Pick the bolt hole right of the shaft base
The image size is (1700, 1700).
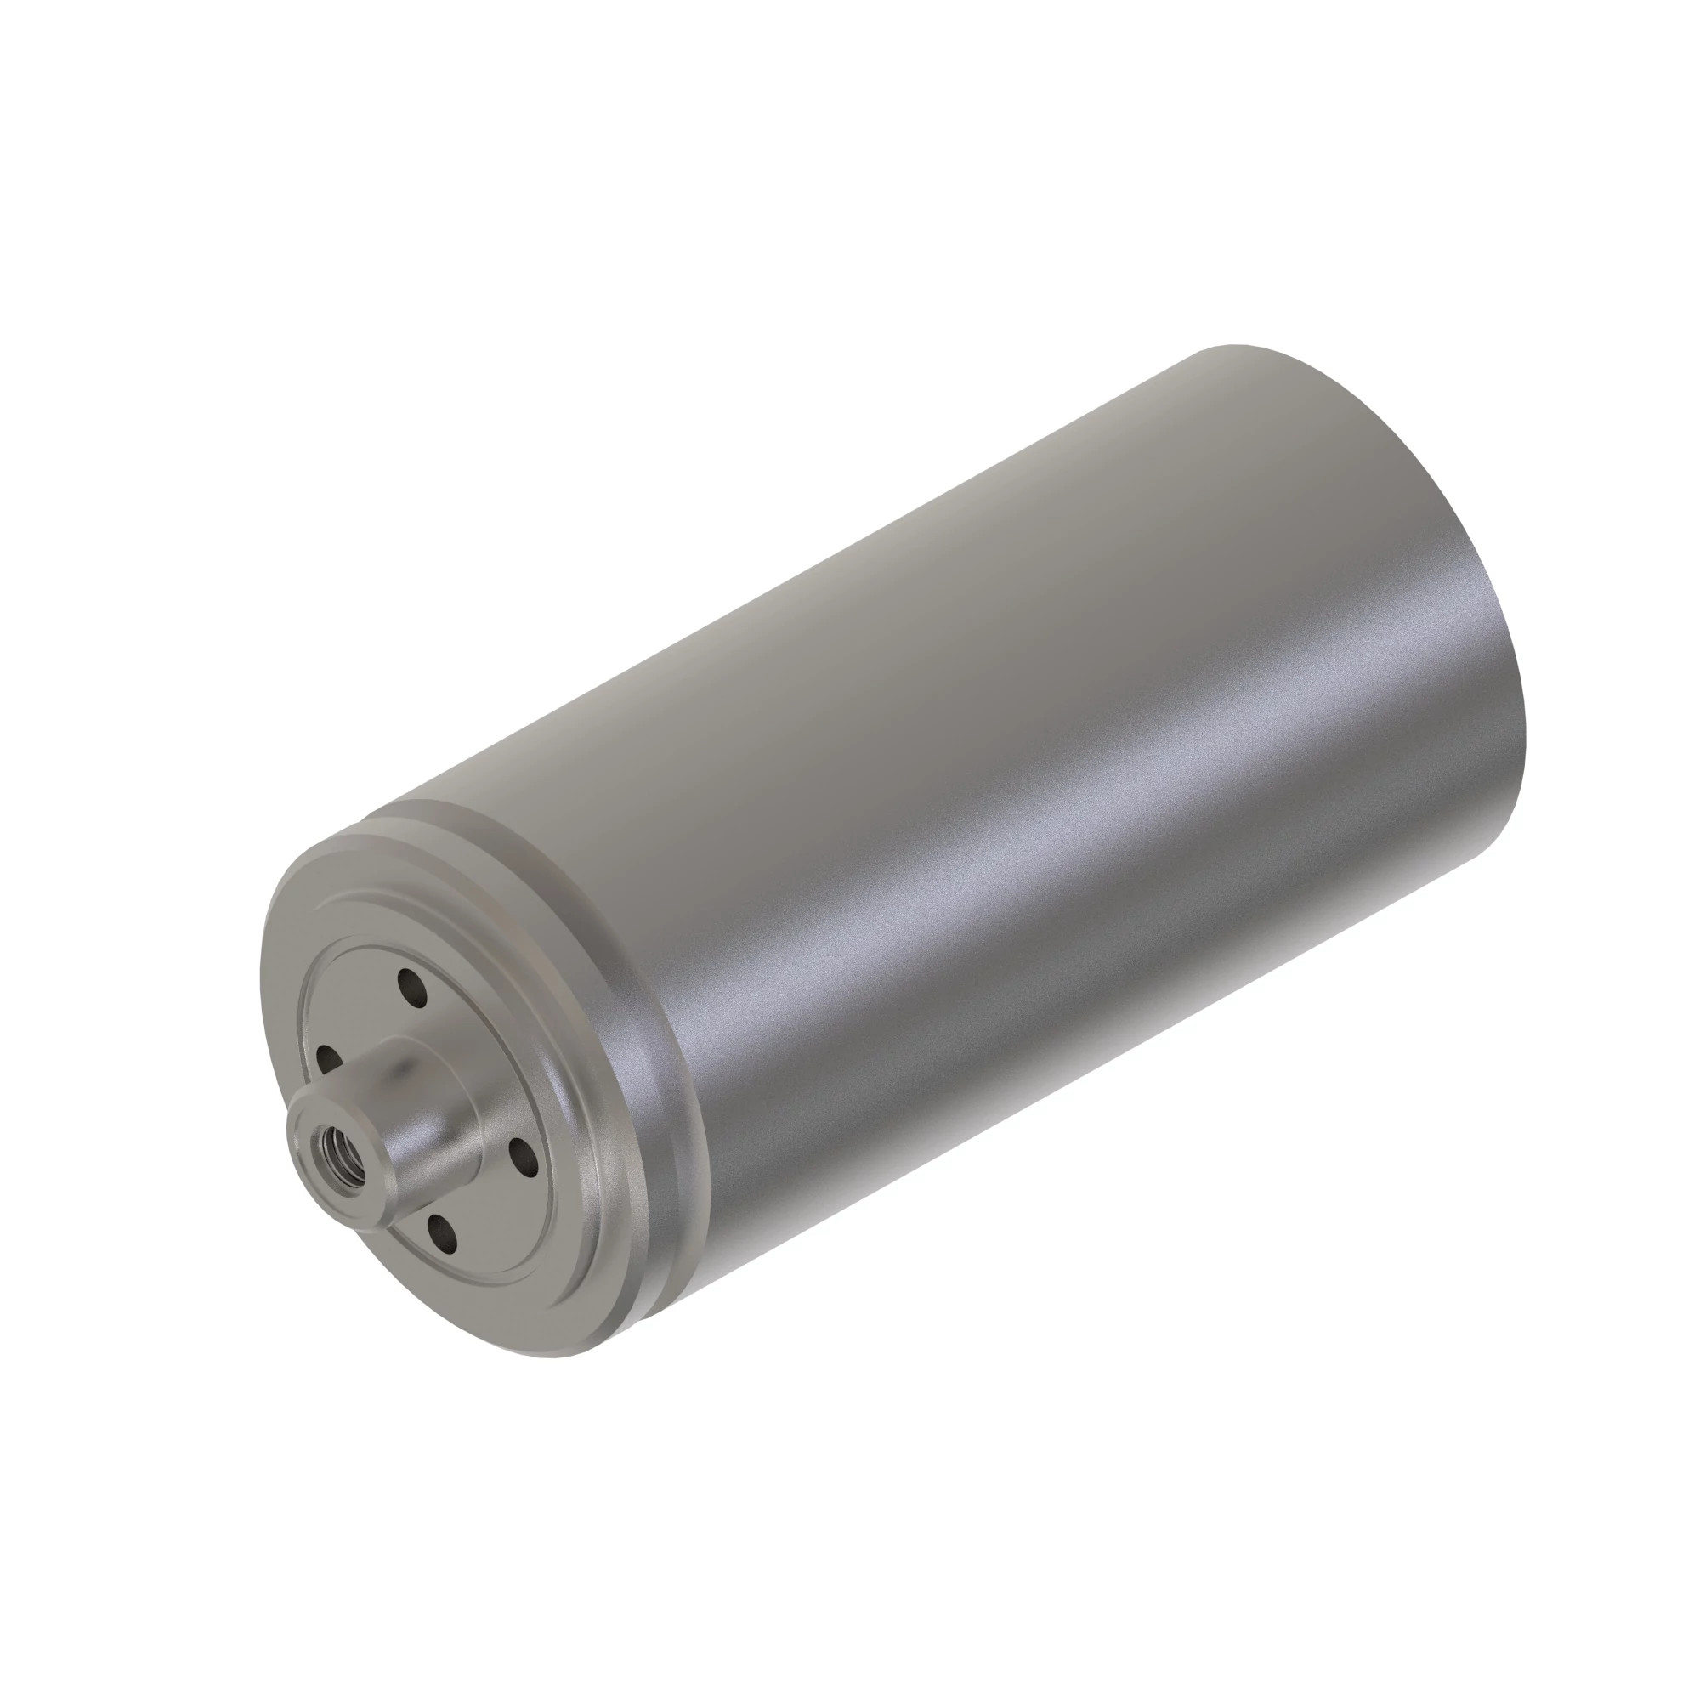[523, 1157]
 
